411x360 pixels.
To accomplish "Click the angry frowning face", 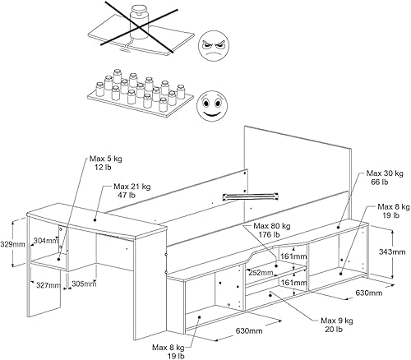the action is (214, 46).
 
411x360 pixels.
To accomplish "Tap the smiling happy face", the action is (212, 105).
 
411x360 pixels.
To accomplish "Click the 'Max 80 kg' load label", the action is (271, 226).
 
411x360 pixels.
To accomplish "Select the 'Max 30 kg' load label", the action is (385, 173).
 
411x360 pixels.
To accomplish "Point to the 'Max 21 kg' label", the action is (132, 187).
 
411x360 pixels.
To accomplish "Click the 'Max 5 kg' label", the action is (105, 159).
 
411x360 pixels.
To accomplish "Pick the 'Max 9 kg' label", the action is (337, 321).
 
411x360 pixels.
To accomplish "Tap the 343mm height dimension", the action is (392, 252).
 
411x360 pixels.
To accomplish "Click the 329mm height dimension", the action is (12, 244).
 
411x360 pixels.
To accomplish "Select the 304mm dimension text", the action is (46, 241).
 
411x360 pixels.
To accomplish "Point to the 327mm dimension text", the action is (48, 285).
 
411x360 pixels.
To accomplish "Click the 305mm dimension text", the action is (84, 284).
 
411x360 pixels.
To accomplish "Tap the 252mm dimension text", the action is (261, 273).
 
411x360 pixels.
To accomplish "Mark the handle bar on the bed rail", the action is (251, 196).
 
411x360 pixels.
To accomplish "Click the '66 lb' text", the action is (379, 182).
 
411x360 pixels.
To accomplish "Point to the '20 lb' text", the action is (334, 329).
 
